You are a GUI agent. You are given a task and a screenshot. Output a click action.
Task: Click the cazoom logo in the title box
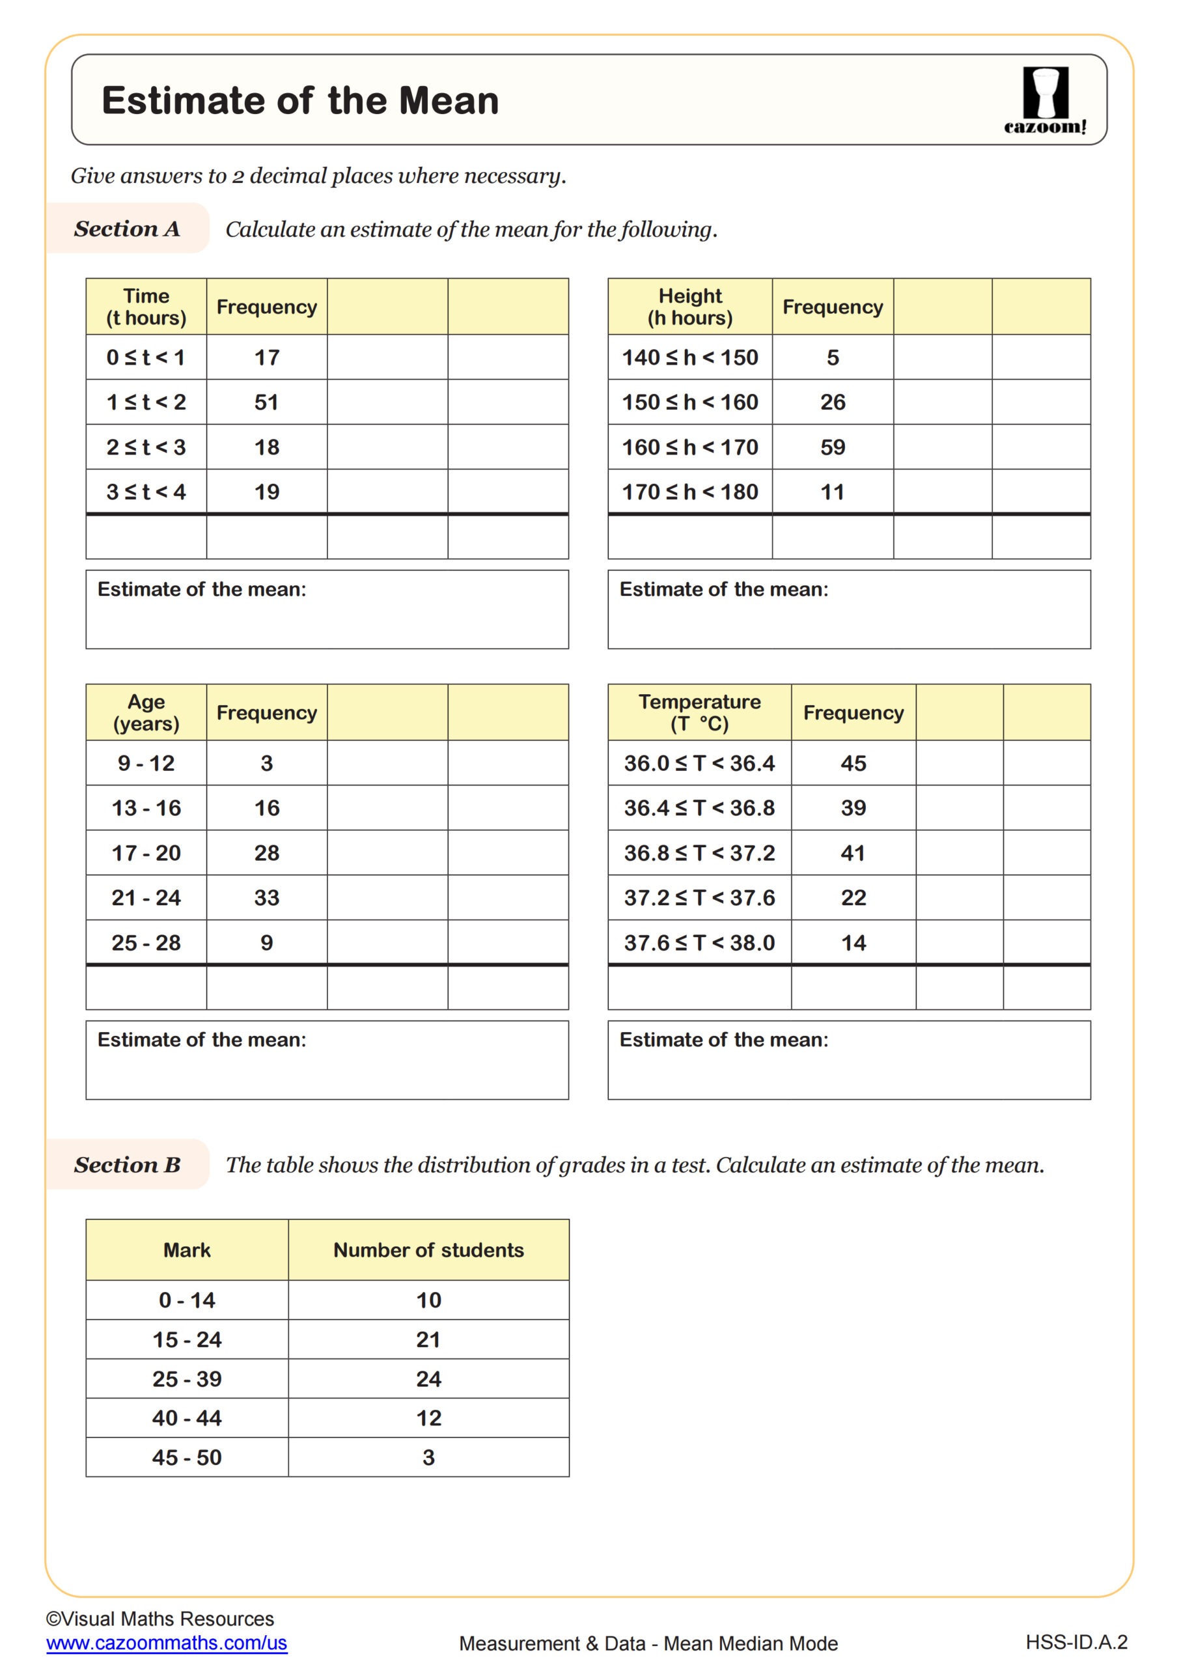click(x=1045, y=100)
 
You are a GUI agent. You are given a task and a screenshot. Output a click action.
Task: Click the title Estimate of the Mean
click(x=300, y=100)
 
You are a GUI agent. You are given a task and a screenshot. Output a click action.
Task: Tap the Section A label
click(x=126, y=229)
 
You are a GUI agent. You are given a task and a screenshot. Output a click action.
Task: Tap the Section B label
click(x=126, y=1164)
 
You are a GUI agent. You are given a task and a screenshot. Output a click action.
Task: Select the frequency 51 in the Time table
click(x=266, y=402)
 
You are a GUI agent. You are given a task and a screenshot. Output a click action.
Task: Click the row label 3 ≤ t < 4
click(x=146, y=492)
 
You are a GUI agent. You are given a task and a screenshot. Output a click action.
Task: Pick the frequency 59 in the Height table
click(x=832, y=447)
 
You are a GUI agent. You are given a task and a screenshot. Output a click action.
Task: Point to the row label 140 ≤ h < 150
click(x=689, y=357)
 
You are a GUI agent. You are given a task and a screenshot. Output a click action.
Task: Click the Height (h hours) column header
click(x=689, y=307)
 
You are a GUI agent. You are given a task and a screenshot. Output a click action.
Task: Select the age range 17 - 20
click(x=146, y=853)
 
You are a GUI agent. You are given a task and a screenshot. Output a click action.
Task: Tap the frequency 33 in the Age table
click(x=266, y=898)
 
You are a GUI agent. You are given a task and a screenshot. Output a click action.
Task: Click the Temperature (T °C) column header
click(x=699, y=712)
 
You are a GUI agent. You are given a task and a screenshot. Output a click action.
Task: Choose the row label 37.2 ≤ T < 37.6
click(x=699, y=898)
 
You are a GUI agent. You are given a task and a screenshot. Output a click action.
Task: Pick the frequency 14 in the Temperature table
click(x=853, y=943)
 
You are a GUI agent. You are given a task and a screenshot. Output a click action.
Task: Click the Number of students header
click(x=428, y=1250)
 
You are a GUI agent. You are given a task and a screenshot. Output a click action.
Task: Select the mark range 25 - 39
click(x=187, y=1379)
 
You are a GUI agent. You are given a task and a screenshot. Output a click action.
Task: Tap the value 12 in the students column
click(x=428, y=1418)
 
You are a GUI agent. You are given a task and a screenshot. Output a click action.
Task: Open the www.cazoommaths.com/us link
click(x=167, y=1643)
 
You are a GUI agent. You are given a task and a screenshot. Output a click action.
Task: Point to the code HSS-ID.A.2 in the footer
click(x=1076, y=1642)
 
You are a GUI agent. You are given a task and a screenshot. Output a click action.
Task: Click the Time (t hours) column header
click(x=146, y=307)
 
